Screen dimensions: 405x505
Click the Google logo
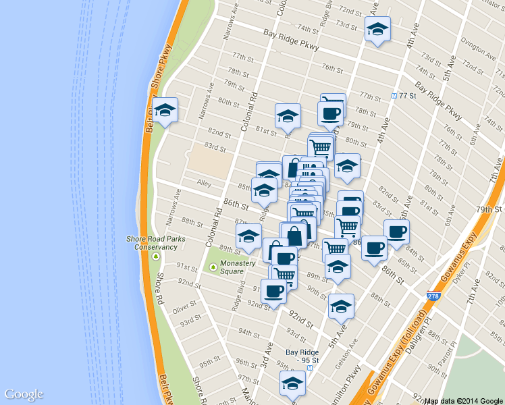(x=24, y=394)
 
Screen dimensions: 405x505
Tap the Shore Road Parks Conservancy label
(x=155, y=242)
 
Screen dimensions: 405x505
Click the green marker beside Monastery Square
(x=215, y=267)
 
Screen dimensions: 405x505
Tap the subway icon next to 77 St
(x=394, y=96)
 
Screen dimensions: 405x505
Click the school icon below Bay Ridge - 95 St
(x=292, y=385)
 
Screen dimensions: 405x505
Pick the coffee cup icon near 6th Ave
(x=396, y=231)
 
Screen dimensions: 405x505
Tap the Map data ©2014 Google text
(x=464, y=400)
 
